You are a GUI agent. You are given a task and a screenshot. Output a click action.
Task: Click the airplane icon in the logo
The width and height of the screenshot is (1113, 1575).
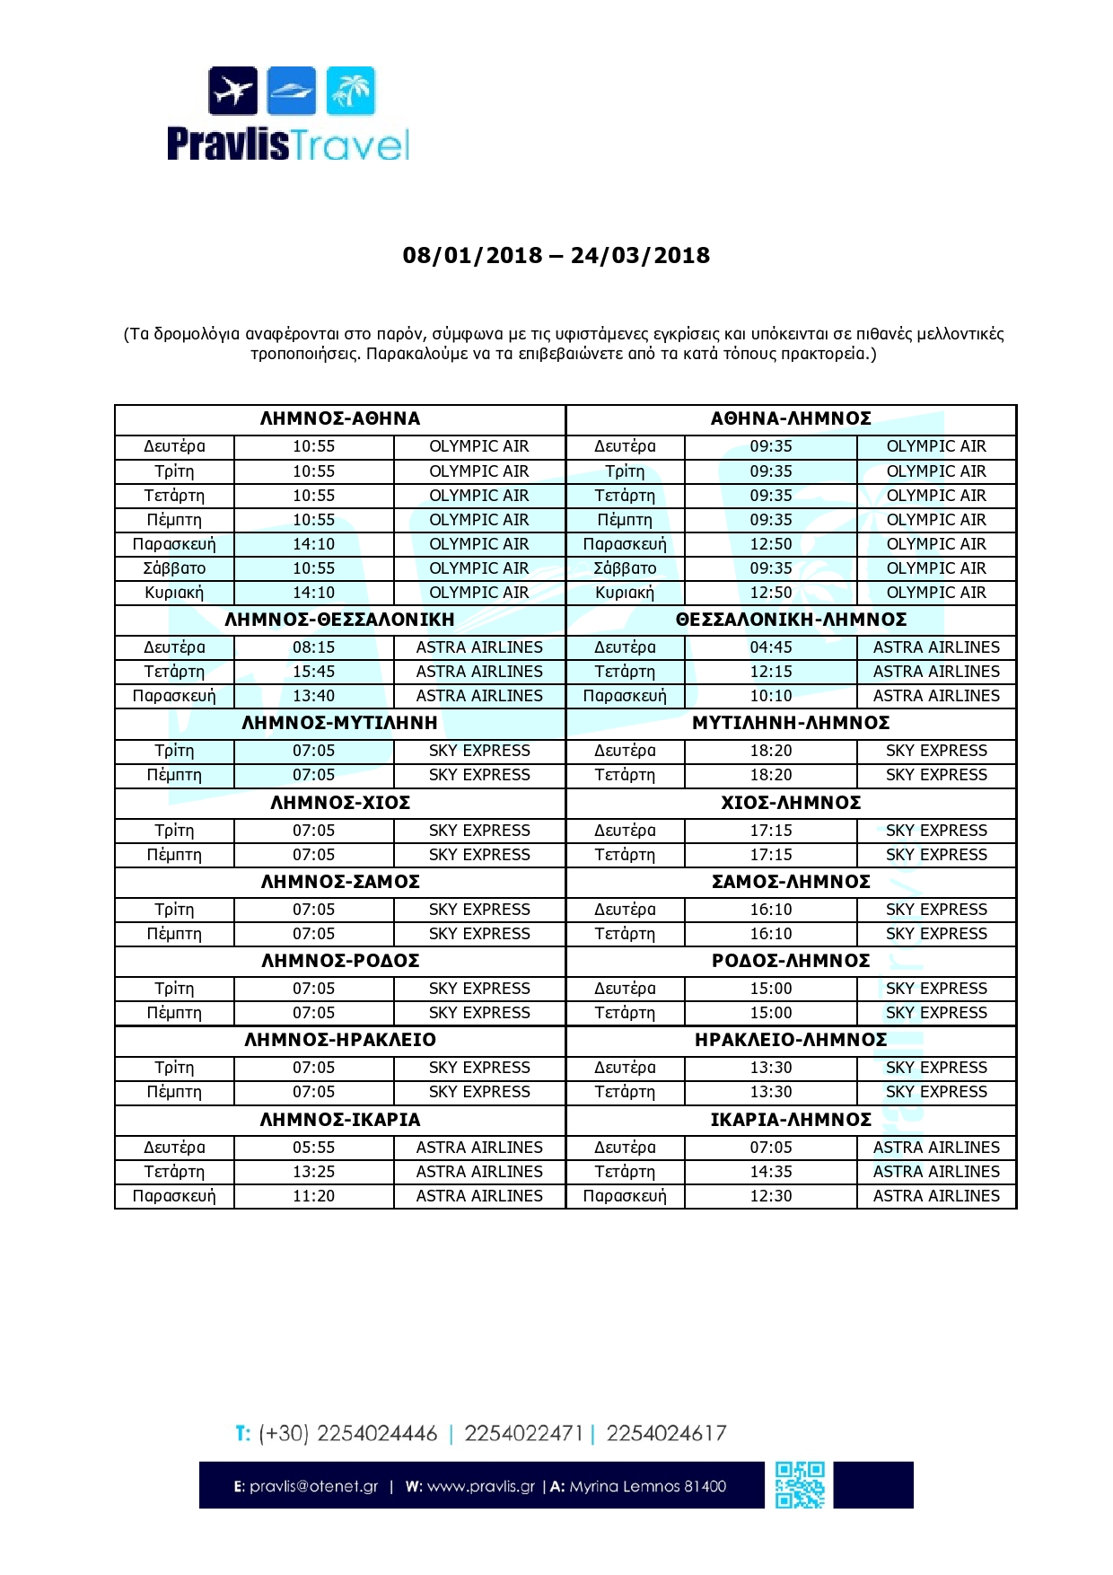[233, 91]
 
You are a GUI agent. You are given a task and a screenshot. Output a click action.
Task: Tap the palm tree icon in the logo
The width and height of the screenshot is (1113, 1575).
[350, 91]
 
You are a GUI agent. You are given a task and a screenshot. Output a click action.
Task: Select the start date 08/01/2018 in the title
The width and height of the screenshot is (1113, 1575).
[472, 256]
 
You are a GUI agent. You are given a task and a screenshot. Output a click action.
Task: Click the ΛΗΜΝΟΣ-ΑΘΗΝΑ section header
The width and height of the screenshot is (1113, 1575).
[340, 418]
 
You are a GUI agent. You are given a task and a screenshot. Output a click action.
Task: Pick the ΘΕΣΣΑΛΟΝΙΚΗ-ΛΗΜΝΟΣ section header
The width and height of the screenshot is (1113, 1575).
[791, 620]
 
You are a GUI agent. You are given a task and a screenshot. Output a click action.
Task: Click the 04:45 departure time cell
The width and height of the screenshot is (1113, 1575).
[771, 647]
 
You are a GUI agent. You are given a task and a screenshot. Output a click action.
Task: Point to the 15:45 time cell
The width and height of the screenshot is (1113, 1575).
[313, 672]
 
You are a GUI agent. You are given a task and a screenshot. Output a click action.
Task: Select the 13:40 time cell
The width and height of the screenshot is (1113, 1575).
[313, 696]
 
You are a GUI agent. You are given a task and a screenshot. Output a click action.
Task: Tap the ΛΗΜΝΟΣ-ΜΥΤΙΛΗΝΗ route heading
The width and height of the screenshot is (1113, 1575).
[340, 723]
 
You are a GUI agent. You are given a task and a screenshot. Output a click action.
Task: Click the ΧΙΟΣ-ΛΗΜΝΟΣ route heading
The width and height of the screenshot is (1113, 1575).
[791, 803]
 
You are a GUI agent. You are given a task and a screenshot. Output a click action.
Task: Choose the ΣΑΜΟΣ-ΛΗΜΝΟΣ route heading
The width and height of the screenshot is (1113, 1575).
[791, 882]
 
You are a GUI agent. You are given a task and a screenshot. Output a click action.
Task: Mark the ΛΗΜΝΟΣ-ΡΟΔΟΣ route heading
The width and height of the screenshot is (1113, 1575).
[340, 961]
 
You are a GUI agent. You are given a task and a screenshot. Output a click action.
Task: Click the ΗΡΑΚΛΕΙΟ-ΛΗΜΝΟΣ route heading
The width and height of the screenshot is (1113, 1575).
[791, 1040]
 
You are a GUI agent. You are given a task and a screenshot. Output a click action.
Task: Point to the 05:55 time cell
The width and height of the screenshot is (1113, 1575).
[313, 1148]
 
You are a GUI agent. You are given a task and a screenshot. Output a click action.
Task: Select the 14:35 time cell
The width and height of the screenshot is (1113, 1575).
[771, 1172]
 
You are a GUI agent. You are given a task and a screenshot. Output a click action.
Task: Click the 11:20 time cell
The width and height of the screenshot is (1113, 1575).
[313, 1196]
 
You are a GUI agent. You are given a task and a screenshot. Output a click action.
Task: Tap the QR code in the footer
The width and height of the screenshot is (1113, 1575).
[800, 1484]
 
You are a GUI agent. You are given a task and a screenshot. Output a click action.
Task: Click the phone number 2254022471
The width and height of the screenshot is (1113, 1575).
[523, 1433]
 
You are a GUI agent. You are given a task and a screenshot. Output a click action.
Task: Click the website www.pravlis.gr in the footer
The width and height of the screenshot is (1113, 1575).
[480, 1486]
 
